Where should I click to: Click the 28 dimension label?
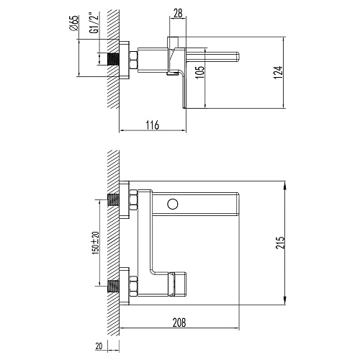tap(178, 13)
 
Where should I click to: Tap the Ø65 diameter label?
tap(74, 23)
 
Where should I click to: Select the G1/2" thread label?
tap(94, 24)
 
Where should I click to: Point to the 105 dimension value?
tap(199, 71)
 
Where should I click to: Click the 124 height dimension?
tap(278, 72)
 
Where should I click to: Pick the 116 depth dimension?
tap(153, 125)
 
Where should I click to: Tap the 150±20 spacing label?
tap(96, 243)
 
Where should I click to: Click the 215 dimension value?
tap(280, 243)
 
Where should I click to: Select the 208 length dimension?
tap(179, 323)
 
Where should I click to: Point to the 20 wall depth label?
tap(99, 346)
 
